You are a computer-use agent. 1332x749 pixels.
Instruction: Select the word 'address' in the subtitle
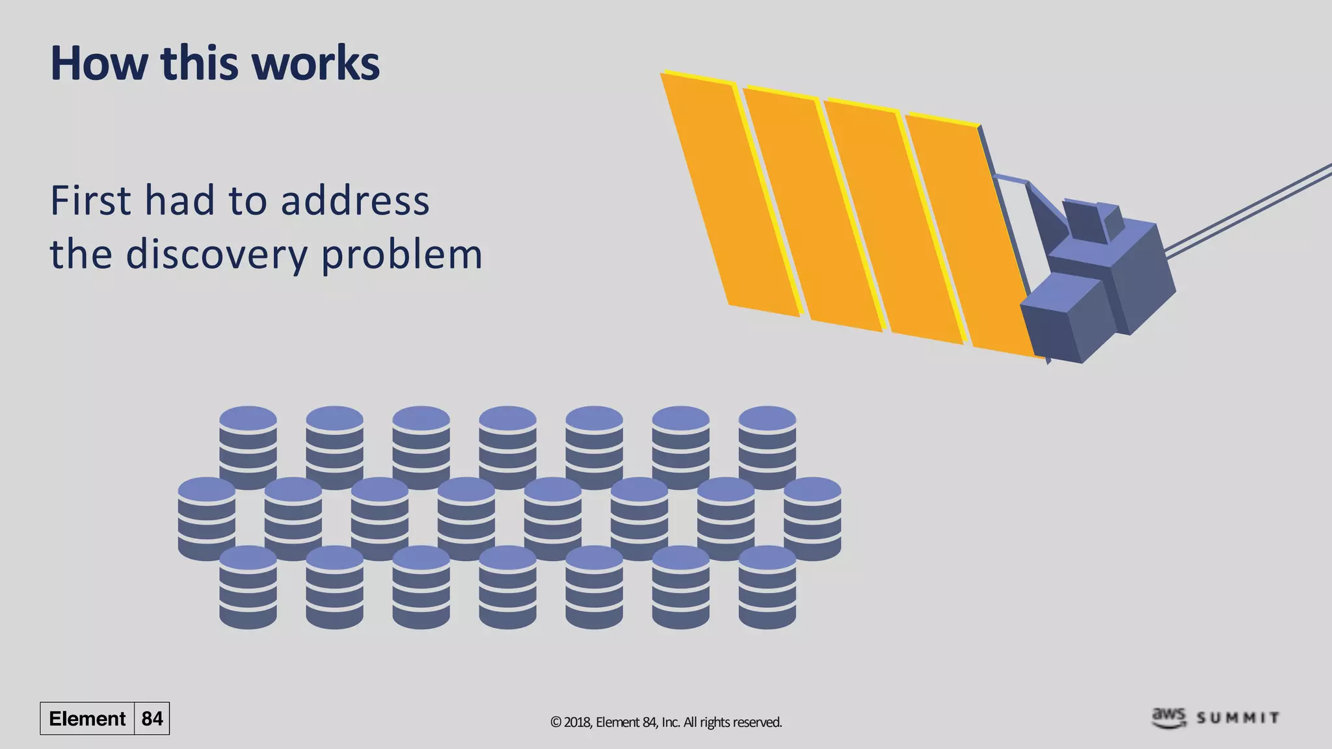click(x=355, y=200)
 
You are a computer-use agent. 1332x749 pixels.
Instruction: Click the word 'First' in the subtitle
click(x=90, y=200)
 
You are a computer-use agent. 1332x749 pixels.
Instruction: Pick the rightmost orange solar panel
click(x=969, y=234)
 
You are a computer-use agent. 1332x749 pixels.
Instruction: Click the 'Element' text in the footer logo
click(x=87, y=718)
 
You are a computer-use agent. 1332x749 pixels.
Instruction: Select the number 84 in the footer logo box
click(x=152, y=718)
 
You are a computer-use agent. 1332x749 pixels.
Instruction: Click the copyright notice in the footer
click(x=666, y=722)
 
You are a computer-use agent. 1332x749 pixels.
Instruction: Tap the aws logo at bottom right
click(x=1169, y=717)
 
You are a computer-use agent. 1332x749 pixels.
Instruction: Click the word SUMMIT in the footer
click(x=1238, y=718)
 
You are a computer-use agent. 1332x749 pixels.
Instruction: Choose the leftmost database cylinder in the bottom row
click(x=248, y=587)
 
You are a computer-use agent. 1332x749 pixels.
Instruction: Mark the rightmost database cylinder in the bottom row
click(x=767, y=587)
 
